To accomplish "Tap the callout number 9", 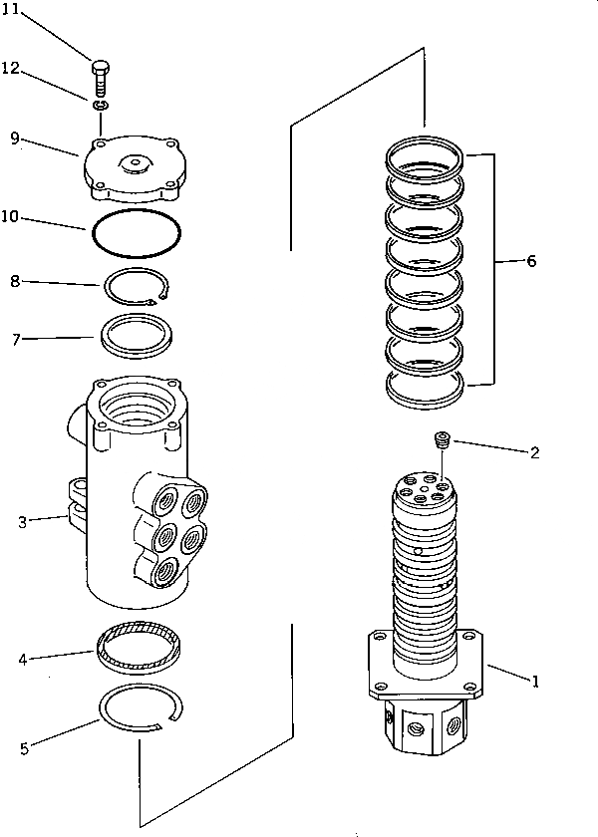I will click(15, 138).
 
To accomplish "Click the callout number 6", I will click(530, 261).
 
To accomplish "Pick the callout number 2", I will click(535, 452).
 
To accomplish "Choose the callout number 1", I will click(535, 682).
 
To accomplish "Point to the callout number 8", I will click(15, 282).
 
